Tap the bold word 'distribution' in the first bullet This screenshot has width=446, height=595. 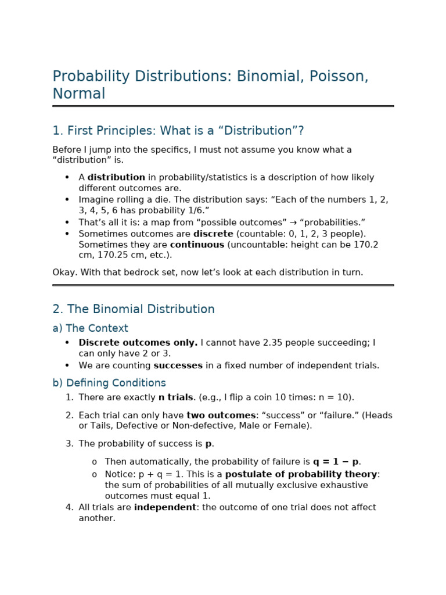click(x=116, y=178)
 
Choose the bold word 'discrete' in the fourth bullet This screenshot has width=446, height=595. click(x=213, y=234)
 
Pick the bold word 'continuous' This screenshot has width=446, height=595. click(x=197, y=245)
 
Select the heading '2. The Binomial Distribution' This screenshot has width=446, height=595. click(x=134, y=310)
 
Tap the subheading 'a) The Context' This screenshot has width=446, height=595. click(x=90, y=328)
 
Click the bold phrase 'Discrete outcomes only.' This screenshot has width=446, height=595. click(x=138, y=343)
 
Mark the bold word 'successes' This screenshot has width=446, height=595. click(x=178, y=365)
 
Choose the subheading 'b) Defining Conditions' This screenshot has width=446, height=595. click(x=109, y=383)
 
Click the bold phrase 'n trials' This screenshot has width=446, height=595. click(x=175, y=398)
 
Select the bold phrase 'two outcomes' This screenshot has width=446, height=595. click(x=221, y=415)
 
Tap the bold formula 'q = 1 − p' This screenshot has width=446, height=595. click(x=336, y=462)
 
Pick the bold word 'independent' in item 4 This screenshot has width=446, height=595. click(x=165, y=507)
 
